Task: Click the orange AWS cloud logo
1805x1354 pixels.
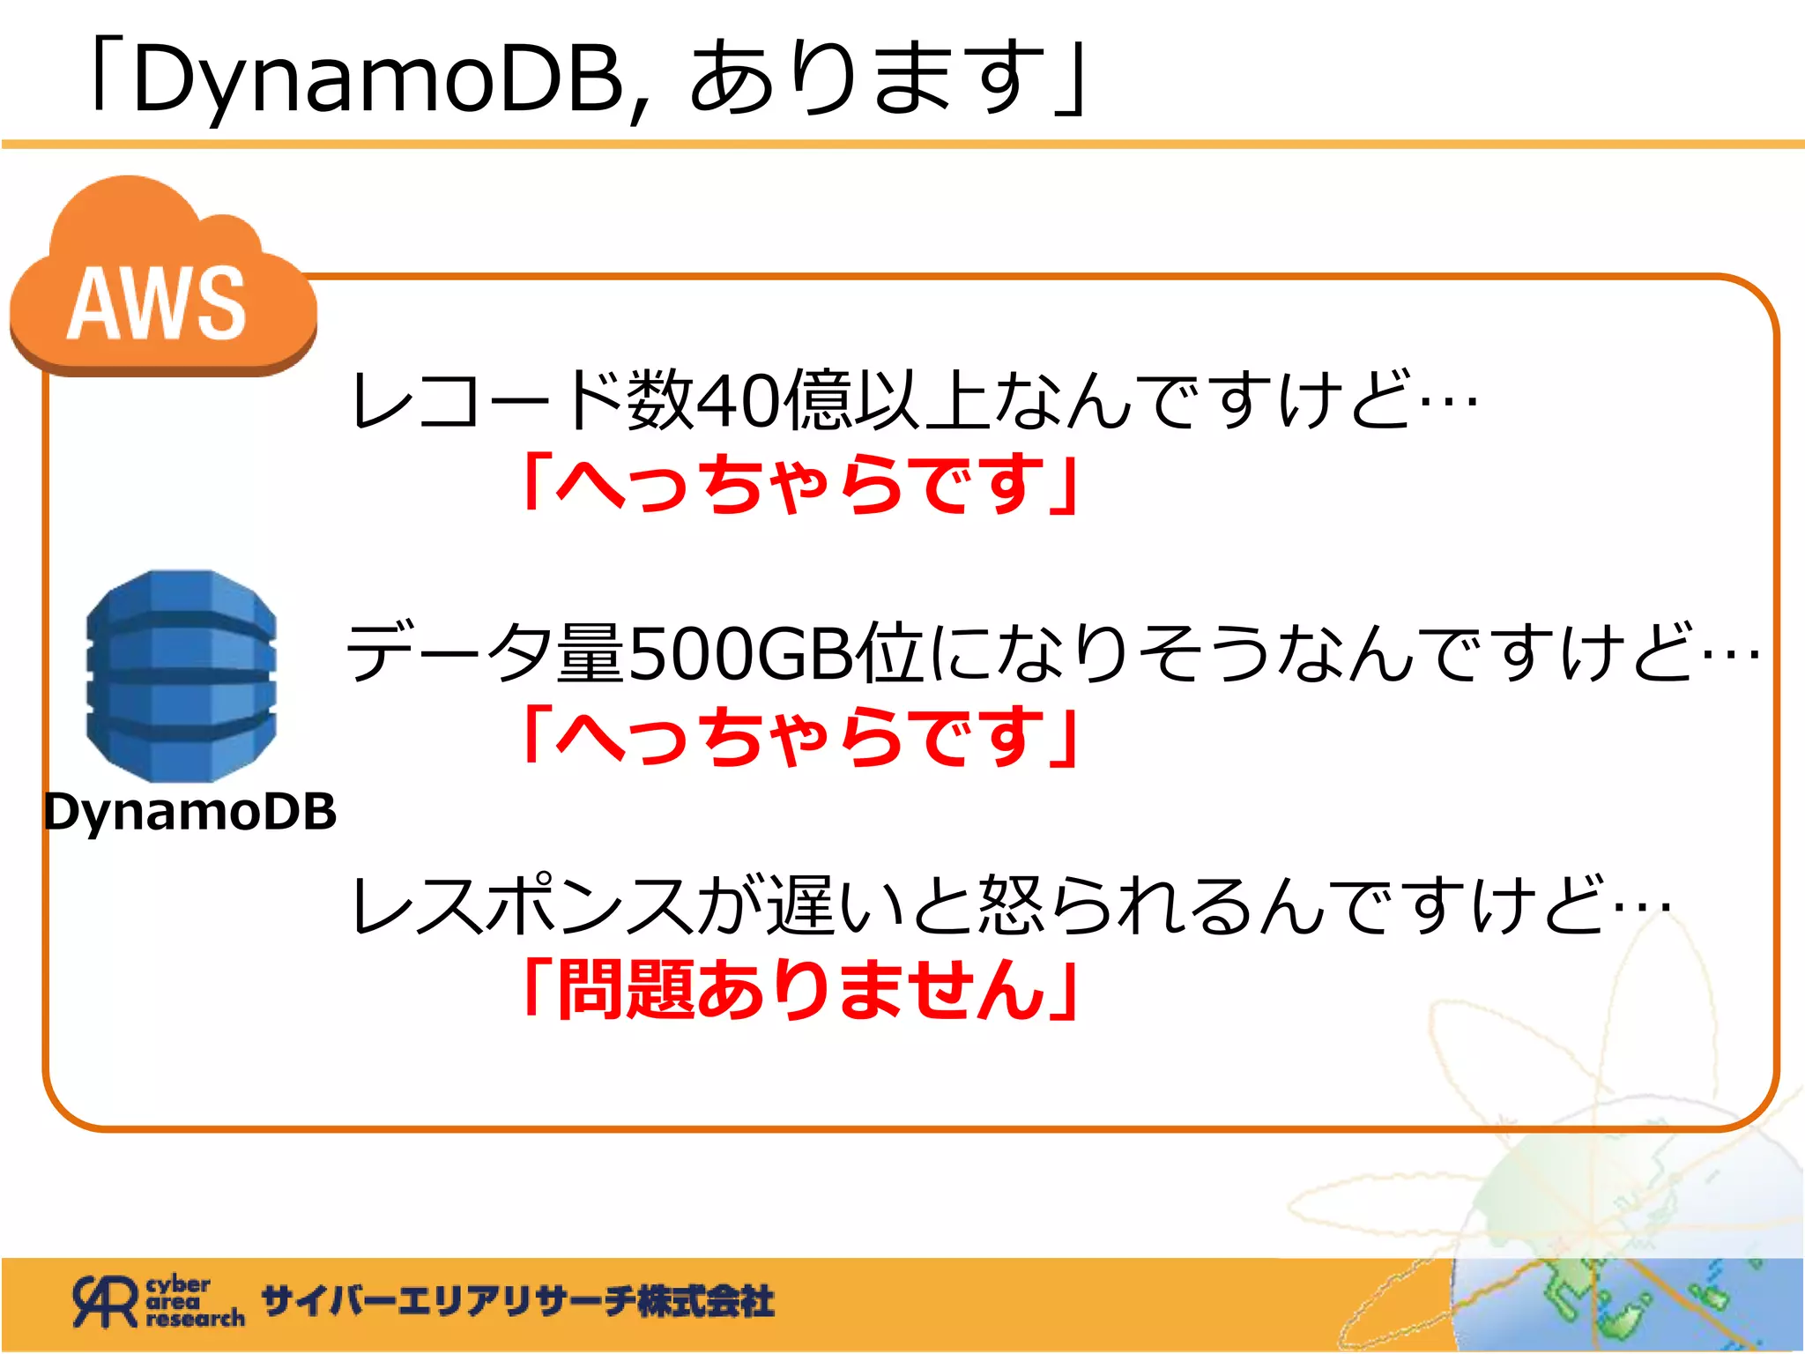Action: [163, 282]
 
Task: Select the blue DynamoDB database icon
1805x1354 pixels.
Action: [182, 675]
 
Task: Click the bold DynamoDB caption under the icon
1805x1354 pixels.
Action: [190, 812]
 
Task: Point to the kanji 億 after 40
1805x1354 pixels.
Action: [815, 401]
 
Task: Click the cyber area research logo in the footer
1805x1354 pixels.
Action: [159, 1302]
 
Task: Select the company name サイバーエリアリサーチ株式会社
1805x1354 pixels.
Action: [518, 1302]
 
